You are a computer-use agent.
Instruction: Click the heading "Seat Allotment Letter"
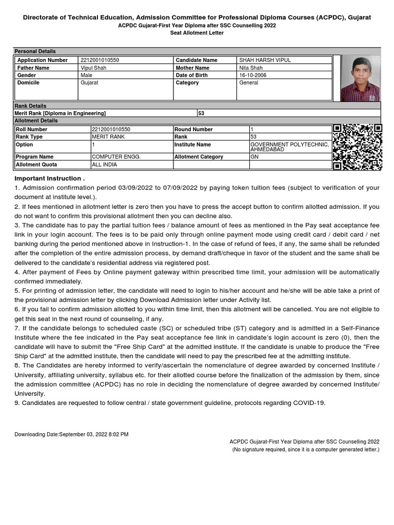click(197, 33)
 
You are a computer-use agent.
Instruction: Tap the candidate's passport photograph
click(360, 78)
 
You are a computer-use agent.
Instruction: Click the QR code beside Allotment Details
click(357, 147)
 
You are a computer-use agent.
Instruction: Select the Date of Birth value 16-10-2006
click(253, 75)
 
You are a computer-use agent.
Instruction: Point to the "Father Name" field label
click(33, 68)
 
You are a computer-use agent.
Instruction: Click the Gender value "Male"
click(87, 75)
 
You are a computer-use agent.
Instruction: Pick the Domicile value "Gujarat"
click(89, 83)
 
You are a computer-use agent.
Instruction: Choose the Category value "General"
click(249, 83)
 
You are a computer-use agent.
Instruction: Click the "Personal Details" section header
click(35, 51)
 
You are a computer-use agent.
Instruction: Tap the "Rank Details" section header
click(30, 106)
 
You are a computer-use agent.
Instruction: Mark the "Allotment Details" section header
click(36, 121)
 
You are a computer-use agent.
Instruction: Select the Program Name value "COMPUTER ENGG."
click(116, 157)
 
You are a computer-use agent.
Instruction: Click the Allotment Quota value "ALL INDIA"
click(104, 165)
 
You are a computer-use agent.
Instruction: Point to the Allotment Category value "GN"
click(254, 157)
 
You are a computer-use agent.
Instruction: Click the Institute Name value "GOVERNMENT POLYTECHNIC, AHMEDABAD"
click(289, 147)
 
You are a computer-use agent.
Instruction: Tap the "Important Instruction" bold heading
click(49, 178)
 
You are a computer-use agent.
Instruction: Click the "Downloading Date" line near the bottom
click(71, 434)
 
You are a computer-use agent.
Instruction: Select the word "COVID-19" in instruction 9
click(309, 403)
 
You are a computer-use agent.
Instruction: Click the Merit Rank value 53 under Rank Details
click(201, 113)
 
